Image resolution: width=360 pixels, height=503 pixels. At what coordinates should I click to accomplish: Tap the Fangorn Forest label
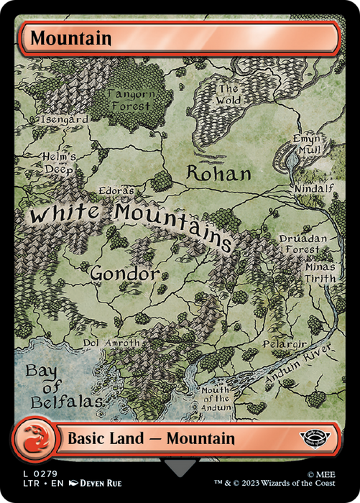(x=129, y=99)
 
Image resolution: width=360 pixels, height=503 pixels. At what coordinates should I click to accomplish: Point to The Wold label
(x=229, y=95)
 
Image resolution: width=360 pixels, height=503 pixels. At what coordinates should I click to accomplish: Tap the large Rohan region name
(x=219, y=173)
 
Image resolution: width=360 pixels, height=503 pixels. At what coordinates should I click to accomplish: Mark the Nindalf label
(x=311, y=189)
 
